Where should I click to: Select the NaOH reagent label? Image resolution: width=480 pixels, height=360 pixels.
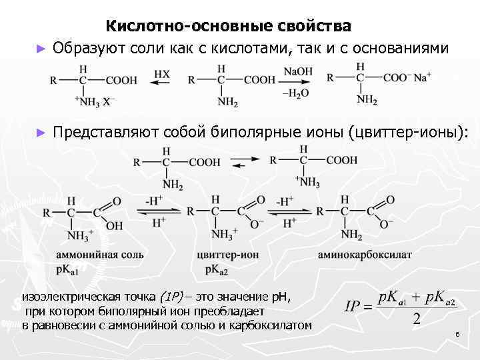point(295,71)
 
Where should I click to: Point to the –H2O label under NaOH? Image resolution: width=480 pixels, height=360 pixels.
point(295,93)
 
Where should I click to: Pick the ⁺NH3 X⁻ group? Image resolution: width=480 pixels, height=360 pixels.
point(97,101)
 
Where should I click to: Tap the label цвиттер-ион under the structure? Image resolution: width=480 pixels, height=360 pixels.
point(226,255)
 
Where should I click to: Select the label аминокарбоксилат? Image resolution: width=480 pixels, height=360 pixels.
point(365,255)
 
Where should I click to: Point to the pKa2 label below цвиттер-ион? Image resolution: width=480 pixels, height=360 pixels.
point(217,269)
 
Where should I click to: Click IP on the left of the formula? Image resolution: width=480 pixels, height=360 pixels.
point(353,308)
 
